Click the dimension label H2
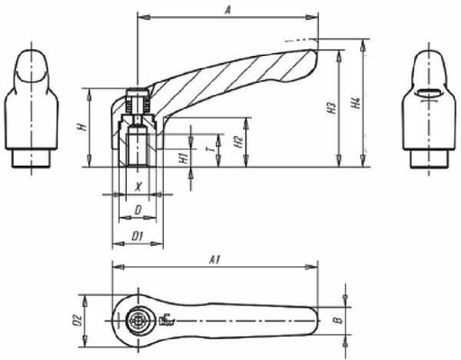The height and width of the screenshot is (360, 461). coord(236,140)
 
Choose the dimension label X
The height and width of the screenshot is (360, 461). coord(138,186)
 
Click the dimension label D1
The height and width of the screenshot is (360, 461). coord(138,236)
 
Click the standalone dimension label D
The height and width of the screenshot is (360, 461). coord(138,210)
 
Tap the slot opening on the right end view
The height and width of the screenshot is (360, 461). coord(427,93)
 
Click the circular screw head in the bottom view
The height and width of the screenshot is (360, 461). coord(139,319)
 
